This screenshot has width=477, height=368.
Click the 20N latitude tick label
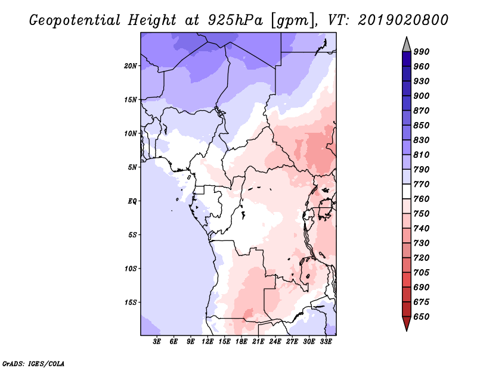pyautogui.click(x=131, y=66)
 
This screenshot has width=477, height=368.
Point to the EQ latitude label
pyautogui.click(x=132, y=201)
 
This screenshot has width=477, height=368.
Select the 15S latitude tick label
pyautogui.click(x=131, y=302)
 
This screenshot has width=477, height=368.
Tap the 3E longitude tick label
pyautogui.click(x=157, y=342)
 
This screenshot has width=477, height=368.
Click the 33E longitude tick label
pyautogui.click(x=325, y=342)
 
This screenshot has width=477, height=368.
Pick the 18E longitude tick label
pyautogui.click(x=241, y=342)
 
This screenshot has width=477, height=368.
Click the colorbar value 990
pyautogui.click(x=422, y=52)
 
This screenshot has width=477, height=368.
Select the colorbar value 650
pyautogui.click(x=422, y=317)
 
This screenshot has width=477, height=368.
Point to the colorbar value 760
pyautogui.click(x=422, y=199)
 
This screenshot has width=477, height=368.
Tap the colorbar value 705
pyautogui.click(x=422, y=273)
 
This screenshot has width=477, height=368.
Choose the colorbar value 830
pyautogui.click(x=422, y=140)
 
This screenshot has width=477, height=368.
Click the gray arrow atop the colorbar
pyautogui.click(x=407, y=44)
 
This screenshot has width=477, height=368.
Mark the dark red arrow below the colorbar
pyautogui.click(x=407, y=323)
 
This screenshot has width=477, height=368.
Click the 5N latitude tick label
pyautogui.click(x=132, y=167)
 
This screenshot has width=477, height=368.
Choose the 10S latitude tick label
pyautogui.click(x=131, y=269)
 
